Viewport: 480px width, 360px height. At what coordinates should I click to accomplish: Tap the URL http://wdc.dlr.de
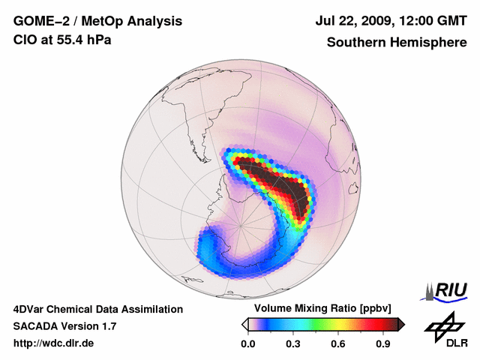tap(54, 343)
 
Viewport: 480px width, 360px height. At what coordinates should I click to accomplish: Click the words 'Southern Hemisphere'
tap(397, 43)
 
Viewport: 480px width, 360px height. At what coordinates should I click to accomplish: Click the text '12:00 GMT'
tap(433, 22)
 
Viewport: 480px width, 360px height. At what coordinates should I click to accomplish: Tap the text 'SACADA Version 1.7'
tap(64, 326)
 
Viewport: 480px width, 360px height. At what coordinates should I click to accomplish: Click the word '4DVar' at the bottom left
tap(29, 309)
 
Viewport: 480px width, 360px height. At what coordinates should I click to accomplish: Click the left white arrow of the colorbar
tap(244, 324)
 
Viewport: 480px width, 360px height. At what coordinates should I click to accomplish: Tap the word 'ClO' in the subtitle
tap(25, 40)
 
